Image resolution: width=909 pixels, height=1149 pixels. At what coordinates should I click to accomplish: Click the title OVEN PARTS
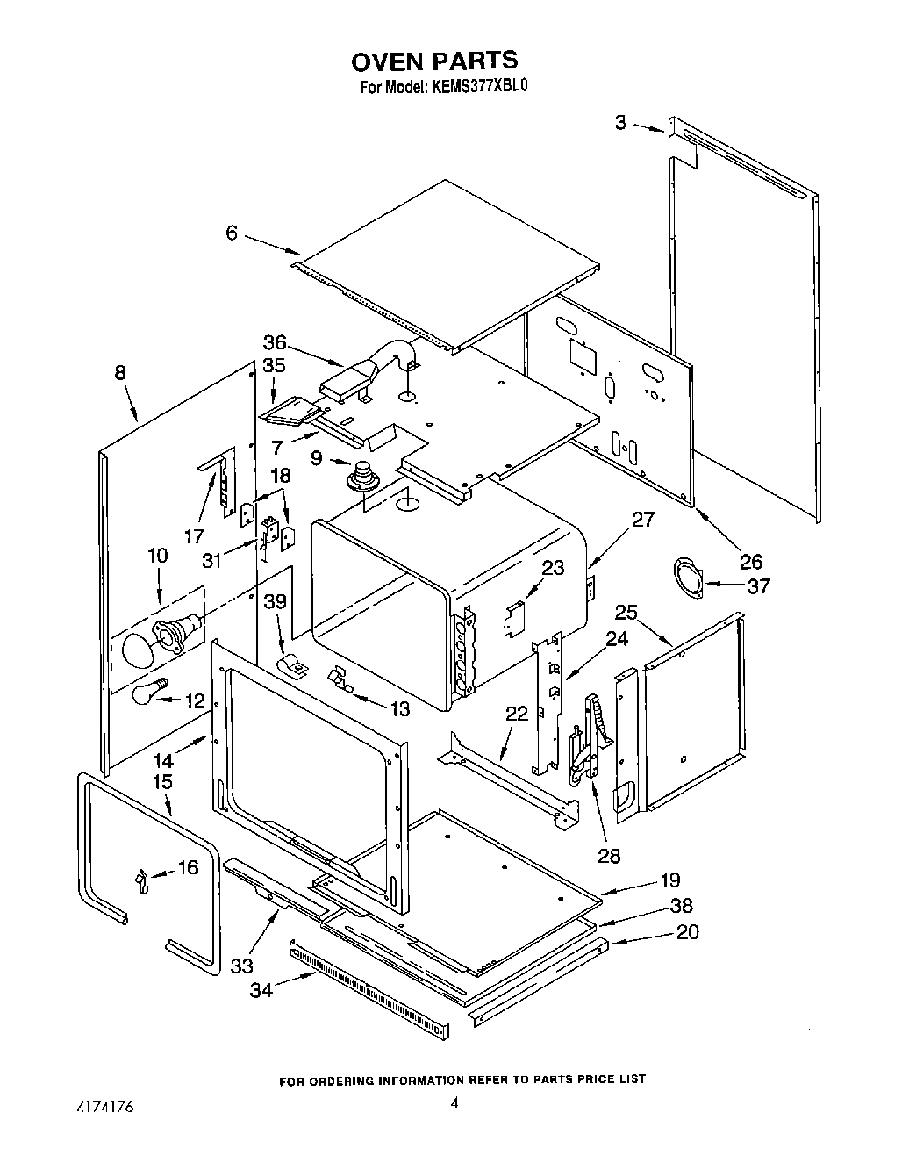click(434, 61)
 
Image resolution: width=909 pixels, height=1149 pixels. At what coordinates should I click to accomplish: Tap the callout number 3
click(620, 123)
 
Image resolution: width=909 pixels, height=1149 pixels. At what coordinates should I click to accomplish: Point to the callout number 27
click(642, 519)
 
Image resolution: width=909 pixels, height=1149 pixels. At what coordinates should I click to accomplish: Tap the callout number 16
click(188, 867)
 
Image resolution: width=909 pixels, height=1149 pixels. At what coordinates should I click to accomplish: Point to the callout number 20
click(687, 932)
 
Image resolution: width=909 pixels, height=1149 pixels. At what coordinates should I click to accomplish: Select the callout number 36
click(275, 342)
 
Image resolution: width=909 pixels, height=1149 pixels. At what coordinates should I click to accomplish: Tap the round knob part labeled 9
click(361, 477)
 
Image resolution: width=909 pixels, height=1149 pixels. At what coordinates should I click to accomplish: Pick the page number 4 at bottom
click(454, 1104)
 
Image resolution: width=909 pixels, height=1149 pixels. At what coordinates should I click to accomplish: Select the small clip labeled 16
click(141, 879)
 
